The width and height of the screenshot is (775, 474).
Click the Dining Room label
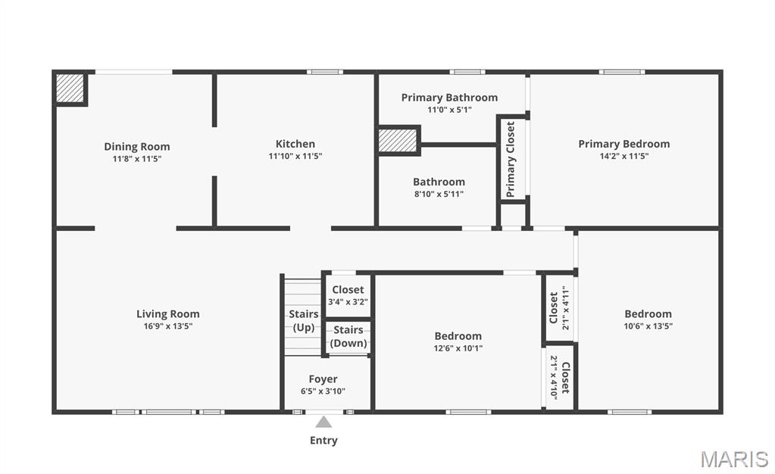pyautogui.click(x=137, y=146)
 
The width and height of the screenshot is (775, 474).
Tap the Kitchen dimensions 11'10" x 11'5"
pyautogui.click(x=295, y=156)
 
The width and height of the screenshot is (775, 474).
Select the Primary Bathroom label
pyautogui.click(x=449, y=98)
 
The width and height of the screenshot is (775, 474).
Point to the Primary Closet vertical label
pyautogui.click(x=511, y=159)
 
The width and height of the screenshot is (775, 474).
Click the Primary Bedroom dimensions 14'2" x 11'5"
pyautogui.click(x=623, y=156)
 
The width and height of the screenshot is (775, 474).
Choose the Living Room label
pyautogui.click(x=168, y=314)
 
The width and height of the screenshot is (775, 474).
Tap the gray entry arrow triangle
pyautogui.click(x=323, y=422)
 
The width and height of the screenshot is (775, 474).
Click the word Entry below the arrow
pyautogui.click(x=323, y=441)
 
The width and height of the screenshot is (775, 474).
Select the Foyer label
pyautogui.click(x=323, y=379)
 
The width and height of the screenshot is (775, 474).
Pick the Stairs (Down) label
pyautogui.click(x=348, y=336)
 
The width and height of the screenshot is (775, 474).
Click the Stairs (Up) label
pyautogui.click(x=304, y=320)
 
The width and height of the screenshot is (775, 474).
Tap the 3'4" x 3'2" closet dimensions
pyautogui.click(x=348, y=301)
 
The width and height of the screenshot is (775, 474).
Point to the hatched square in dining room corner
pyautogui.click(x=70, y=88)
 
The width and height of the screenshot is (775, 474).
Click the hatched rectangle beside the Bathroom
pyautogui.click(x=398, y=140)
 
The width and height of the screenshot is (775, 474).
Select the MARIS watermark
pyautogui.click(x=735, y=460)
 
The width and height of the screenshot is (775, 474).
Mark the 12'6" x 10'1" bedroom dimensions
pyautogui.click(x=458, y=348)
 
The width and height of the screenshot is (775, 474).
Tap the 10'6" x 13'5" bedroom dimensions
pyautogui.click(x=648, y=326)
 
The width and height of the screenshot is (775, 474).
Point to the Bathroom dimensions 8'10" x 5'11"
pyautogui.click(x=439, y=195)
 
